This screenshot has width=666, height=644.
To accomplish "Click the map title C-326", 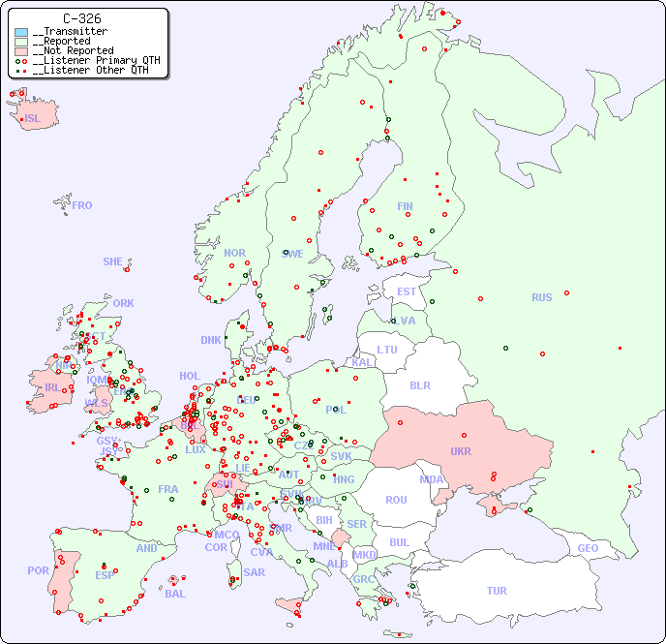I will tap(82, 18).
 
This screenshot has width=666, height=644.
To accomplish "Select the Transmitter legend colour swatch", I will tap(21, 32).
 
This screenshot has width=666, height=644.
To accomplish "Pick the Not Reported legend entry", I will tap(73, 50).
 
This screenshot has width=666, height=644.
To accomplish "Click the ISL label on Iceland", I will tap(33, 119).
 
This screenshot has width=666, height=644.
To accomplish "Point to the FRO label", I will tap(82, 205).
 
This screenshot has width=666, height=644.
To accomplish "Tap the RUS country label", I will tap(541, 297).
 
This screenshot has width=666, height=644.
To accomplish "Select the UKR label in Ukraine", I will tap(460, 451).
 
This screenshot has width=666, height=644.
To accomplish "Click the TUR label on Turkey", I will tap(497, 591).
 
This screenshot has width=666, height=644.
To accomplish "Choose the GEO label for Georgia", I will tap(588, 548).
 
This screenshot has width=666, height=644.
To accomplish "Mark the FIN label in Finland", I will tap(405, 206).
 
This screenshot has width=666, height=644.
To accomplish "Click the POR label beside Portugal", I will tap(38, 570).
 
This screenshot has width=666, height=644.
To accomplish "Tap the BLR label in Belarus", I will tap(419, 384).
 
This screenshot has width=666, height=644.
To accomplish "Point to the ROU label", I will tap(396, 500).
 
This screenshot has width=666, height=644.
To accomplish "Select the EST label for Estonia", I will tap(407, 291).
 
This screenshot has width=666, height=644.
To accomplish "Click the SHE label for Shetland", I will tap(113, 261).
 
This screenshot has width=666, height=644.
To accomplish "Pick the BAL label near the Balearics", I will tap(175, 594).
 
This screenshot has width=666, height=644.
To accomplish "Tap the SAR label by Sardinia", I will tap(254, 572).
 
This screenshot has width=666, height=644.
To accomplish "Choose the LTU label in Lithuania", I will tap(387, 350).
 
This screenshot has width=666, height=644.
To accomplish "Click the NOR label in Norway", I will tap(234, 253).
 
